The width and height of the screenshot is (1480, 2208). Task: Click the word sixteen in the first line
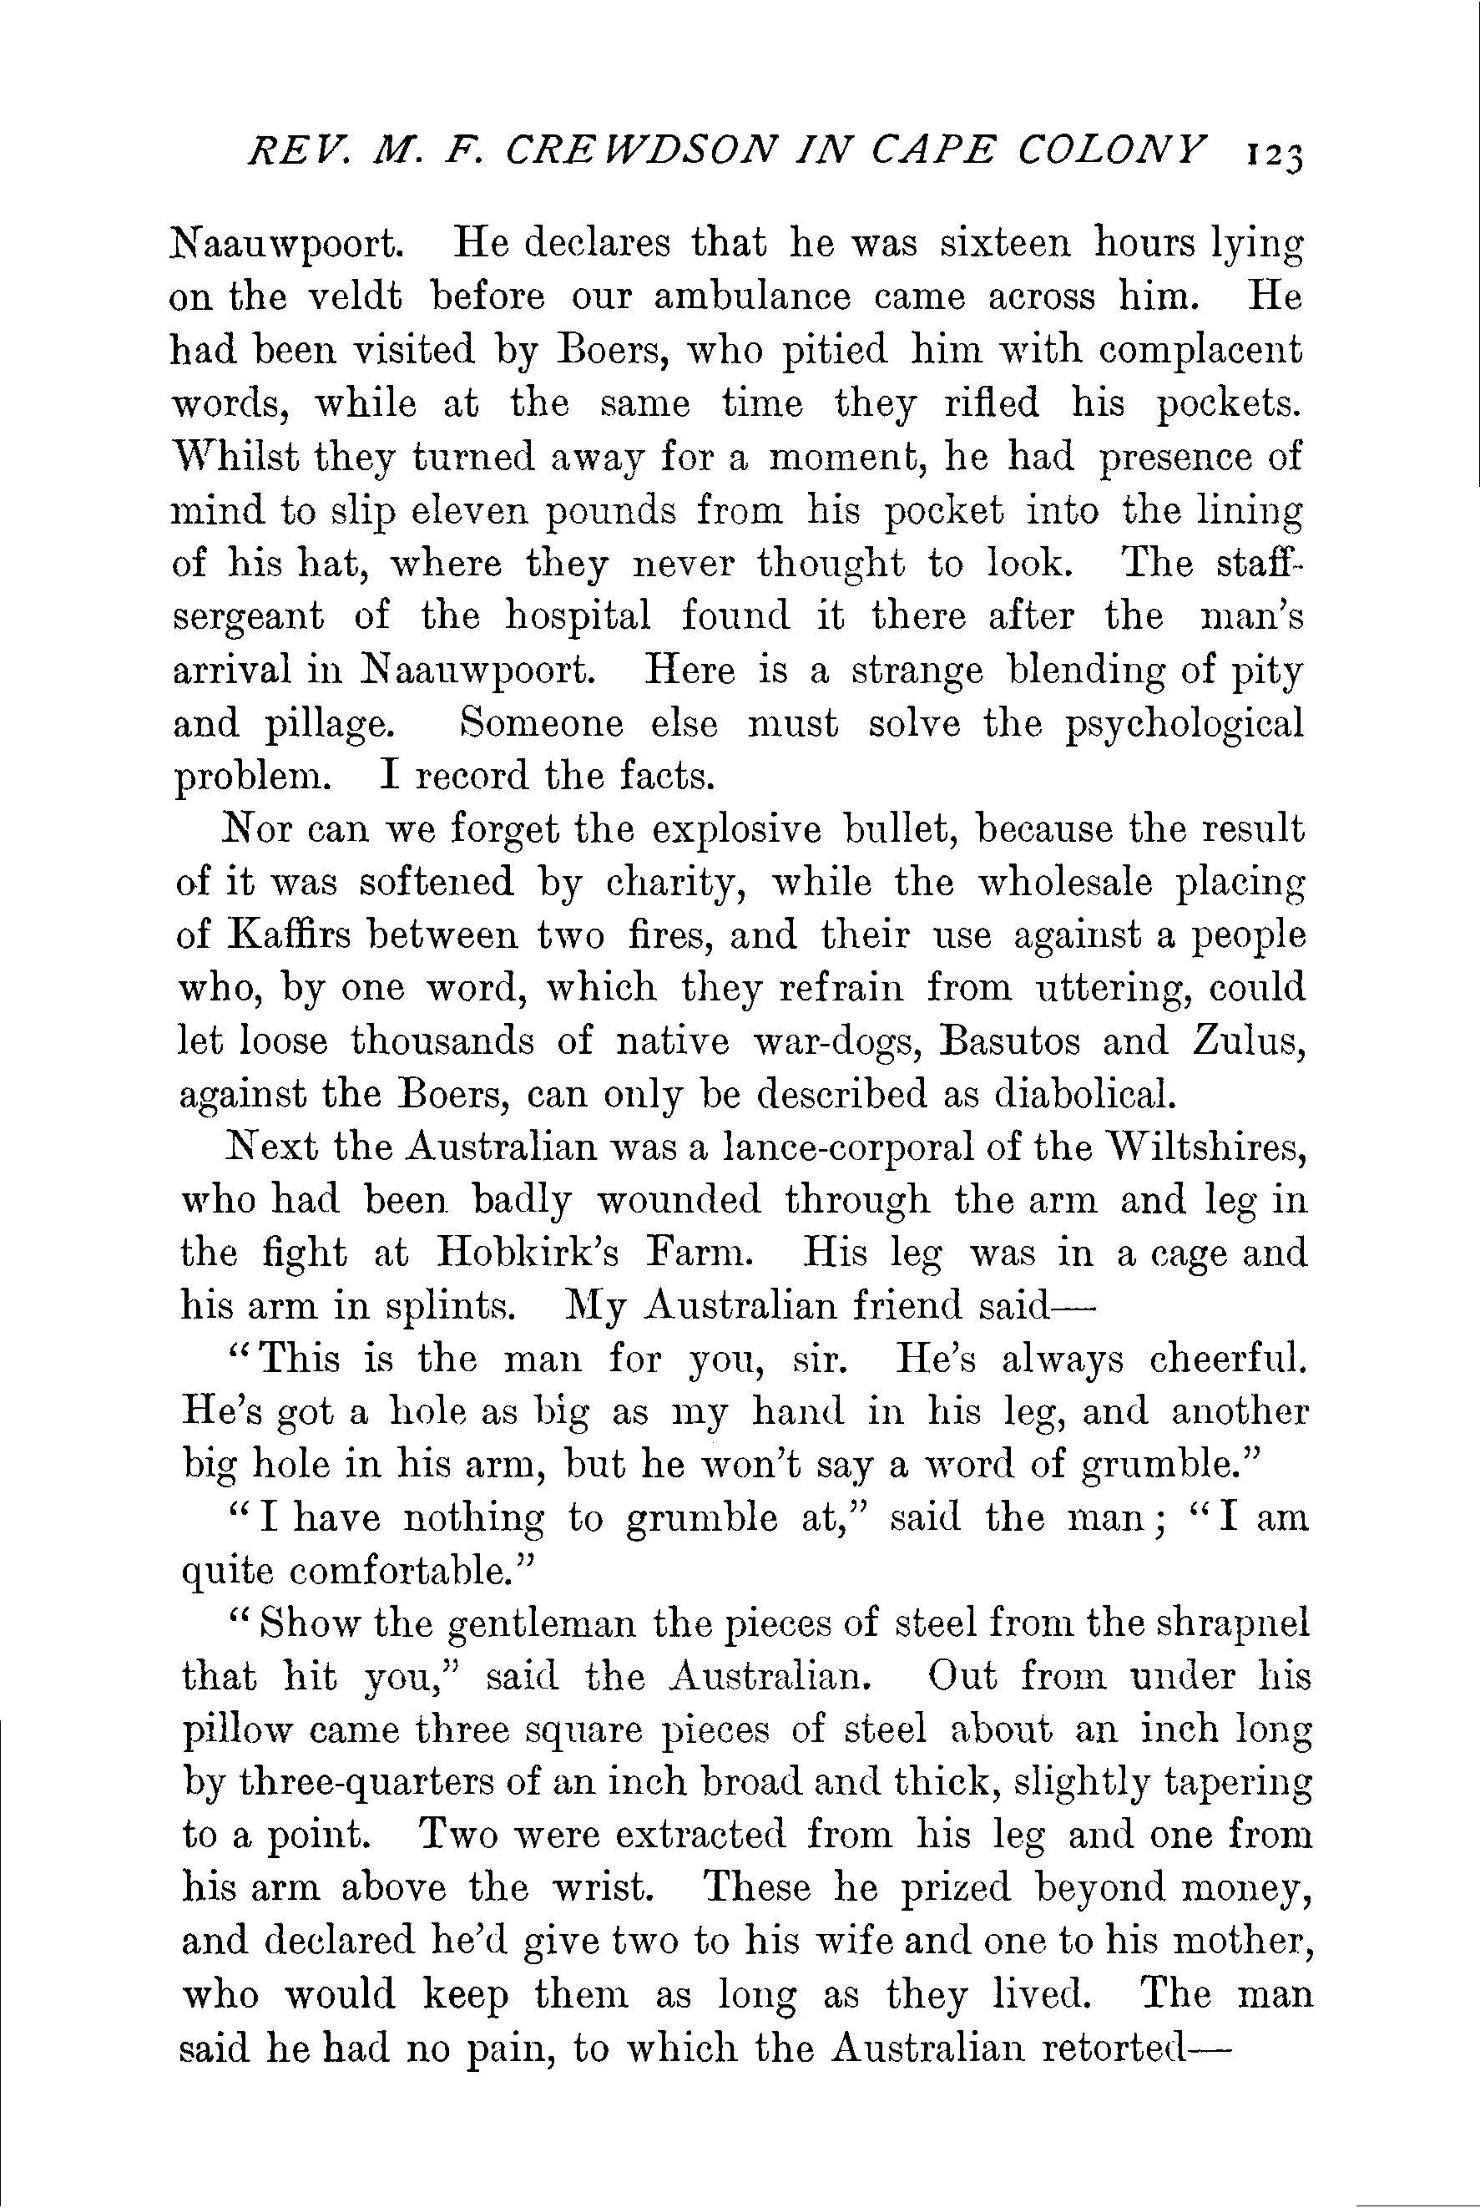pos(1006,245)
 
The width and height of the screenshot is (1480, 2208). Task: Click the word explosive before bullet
pos(736,830)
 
